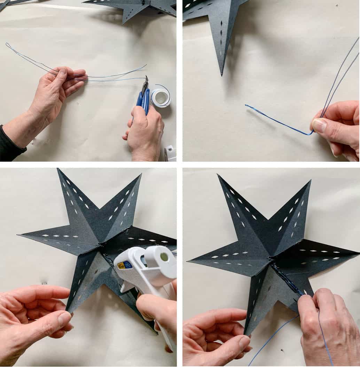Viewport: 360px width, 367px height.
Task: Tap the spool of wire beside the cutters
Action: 161,98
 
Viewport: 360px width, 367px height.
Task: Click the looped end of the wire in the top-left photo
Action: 8,46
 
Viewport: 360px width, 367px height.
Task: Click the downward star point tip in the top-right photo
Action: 222,73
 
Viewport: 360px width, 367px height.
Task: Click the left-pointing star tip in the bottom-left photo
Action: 19,235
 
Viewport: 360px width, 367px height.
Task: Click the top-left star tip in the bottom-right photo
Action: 219,176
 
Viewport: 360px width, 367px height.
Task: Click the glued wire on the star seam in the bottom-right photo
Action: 284,277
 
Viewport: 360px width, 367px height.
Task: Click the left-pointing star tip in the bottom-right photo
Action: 189,262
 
